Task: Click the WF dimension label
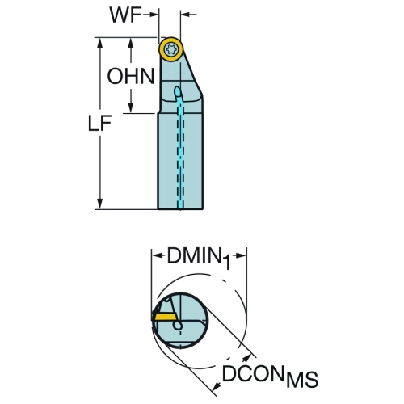(125, 15)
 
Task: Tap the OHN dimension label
(131, 76)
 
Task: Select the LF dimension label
(99, 124)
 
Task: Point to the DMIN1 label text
(199, 258)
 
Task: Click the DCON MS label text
(270, 376)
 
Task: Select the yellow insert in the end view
(165, 316)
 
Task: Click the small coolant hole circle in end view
(178, 326)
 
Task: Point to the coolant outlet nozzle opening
(178, 91)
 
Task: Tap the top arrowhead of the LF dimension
(100, 44)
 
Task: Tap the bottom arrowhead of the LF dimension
(100, 204)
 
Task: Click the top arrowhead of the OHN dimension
(131, 43)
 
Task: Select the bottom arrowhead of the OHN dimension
(131, 107)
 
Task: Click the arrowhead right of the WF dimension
(186, 14)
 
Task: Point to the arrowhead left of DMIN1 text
(158, 255)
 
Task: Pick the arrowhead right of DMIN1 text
(241, 255)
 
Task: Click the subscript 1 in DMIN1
(226, 263)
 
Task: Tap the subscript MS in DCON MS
(302, 380)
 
